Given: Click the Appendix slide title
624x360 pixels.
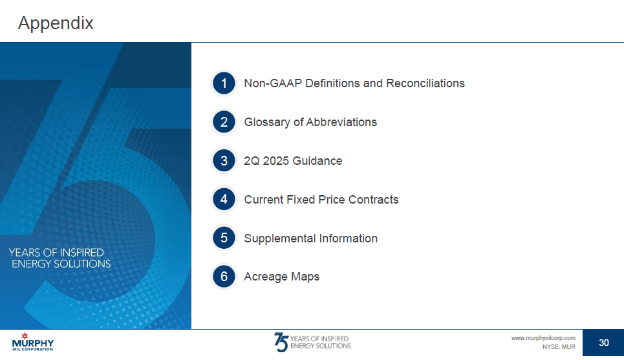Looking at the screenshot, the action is pos(56,23).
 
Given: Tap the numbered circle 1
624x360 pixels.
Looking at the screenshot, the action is pos(224,83).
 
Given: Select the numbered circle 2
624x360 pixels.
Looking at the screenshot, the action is pos(224,122).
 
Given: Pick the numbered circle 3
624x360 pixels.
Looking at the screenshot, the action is pos(224,161).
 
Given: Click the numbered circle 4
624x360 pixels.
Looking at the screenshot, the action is pos(224,199).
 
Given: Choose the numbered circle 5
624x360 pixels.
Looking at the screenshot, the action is pos(224,238).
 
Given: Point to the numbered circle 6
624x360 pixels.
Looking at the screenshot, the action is pos(224,277).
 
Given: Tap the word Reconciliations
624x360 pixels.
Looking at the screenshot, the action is pos(425,83).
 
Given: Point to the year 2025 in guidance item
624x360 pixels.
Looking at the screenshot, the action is pos(275,161).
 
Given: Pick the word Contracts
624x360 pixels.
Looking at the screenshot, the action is pos(373,199).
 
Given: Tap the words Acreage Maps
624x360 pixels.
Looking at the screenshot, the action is pos(282,277).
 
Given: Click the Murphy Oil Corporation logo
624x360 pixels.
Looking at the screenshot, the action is pos(32,342).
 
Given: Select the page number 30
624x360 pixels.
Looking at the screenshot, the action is pos(604,343).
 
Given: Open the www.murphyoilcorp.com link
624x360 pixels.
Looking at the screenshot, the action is pos(543,338).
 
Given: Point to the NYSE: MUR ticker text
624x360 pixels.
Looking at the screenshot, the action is pos(559,347).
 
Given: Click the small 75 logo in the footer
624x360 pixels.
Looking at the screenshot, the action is pos(281,342).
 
